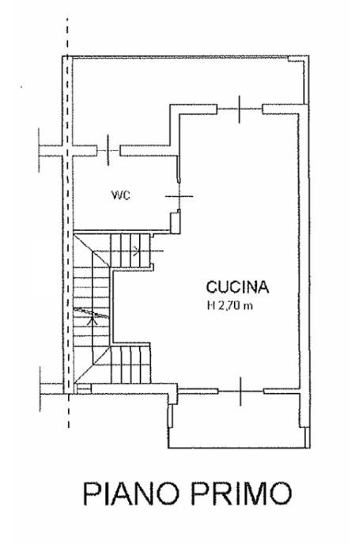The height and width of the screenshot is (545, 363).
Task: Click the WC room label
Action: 121,195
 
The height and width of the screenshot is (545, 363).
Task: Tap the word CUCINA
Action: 237,287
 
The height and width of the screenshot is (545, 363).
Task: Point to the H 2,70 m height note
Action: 230,306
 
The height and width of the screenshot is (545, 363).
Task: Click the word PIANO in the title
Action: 131,494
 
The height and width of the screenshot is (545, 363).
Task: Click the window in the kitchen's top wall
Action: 240,109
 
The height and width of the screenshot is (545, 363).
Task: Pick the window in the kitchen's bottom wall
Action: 240,392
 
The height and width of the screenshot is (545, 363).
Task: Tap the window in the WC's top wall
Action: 108,150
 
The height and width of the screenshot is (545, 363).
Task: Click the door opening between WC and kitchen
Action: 179,196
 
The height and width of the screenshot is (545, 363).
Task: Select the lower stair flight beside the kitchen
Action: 130,364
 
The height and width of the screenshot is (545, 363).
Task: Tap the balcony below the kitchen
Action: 239,421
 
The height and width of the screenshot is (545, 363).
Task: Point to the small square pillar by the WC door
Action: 175,222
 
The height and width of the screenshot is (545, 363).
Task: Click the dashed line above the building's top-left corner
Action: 67,36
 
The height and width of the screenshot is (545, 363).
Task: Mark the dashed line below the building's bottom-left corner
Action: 69,411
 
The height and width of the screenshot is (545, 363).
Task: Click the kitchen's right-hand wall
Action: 304,250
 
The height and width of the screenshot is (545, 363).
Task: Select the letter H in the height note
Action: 210,306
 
